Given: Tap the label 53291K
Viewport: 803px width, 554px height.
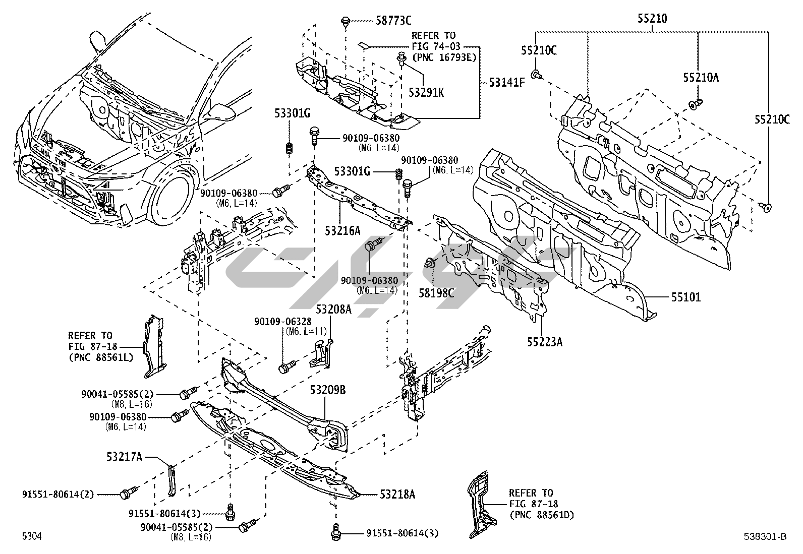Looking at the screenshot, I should pyautogui.click(x=427, y=93).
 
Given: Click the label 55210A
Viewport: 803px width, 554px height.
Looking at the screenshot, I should pyautogui.click(x=701, y=77).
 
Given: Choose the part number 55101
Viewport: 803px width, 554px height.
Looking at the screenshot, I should pyautogui.click(x=686, y=297).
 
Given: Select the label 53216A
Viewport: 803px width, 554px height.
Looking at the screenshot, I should pyautogui.click(x=342, y=230).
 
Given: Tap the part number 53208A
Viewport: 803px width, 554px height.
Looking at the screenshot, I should pyautogui.click(x=333, y=309).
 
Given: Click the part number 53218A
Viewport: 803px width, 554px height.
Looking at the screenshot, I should pyautogui.click(x=397, y=495).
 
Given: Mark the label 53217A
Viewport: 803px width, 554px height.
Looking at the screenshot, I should pyautogui.click(x=124, y=457).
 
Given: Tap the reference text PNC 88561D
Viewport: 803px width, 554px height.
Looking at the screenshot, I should pyautogui.click(x=542, y=515).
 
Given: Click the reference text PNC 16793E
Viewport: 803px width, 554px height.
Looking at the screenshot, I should pyautogui.click(x=444, y=57).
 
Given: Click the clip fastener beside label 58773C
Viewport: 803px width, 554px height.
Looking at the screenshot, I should pyautogui.click(x=345, y=22).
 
